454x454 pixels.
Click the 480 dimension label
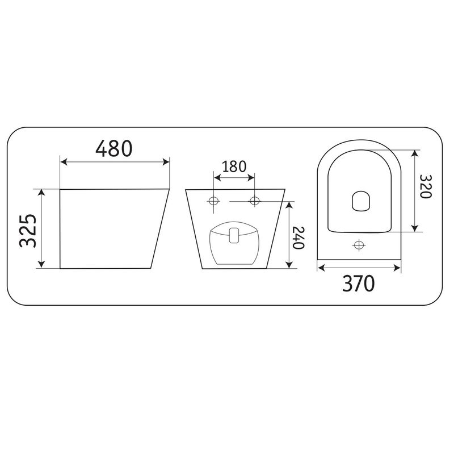point(114,148)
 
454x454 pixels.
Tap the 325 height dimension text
point(28,231)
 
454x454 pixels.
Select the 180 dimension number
point(234,166)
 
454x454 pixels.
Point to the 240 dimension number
point(299,238)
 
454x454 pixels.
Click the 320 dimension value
point(425,186)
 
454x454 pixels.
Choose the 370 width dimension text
point(359,284)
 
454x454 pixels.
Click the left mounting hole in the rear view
point(214,201)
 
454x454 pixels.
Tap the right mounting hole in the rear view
point(254,201)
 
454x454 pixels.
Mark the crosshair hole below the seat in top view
point(359,245)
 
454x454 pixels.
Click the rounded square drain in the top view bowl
point(361,201)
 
